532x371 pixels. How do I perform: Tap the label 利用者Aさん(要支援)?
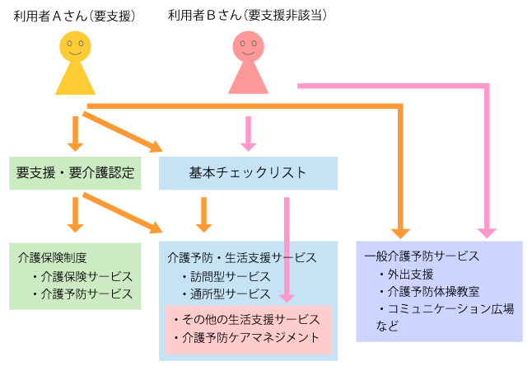pos(74,16)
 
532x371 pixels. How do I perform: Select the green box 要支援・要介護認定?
pos(74,173)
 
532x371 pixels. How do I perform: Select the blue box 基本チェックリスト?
pos(248,173)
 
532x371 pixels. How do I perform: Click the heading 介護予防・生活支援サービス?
pos(241,257)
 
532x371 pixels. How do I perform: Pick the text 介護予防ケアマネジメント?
pos(247,338)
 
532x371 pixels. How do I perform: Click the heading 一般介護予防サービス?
pos(421,256)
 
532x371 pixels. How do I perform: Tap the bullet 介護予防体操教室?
pos(432,291)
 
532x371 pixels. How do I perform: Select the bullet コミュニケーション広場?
pos(450,309)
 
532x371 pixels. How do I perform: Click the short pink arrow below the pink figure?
pos(248,132)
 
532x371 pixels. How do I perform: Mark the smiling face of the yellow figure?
pos(75,46)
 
